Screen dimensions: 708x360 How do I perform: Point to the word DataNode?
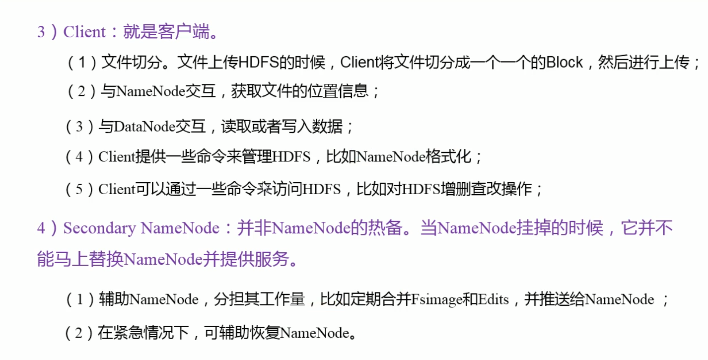144,127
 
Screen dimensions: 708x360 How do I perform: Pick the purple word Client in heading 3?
84,33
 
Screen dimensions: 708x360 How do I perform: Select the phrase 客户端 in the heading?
188,33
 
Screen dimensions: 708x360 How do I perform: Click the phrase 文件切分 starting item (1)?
132,63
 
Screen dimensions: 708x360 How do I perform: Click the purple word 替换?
106,260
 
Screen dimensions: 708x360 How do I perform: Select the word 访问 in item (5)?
286,189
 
